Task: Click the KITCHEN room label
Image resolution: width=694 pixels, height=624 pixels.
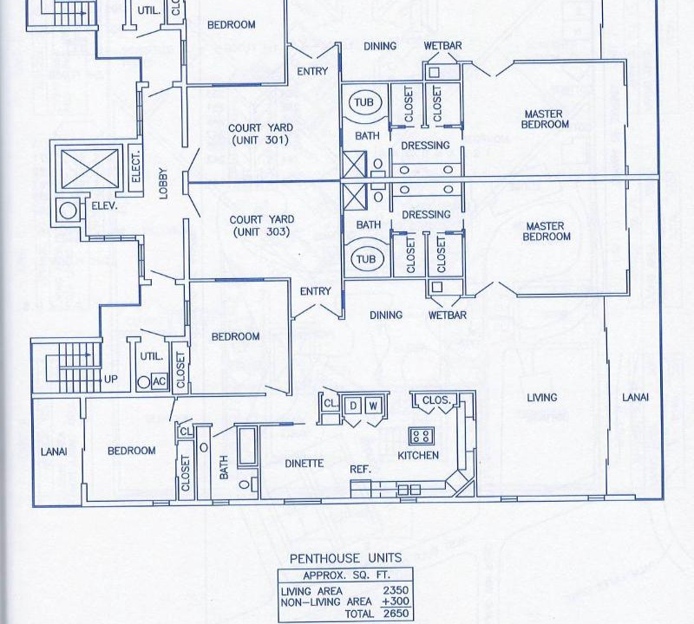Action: (x=418, y=456)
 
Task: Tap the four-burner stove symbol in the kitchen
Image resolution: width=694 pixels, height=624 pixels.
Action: (x=422, y=435)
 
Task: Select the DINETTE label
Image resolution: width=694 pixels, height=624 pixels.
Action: (x=304, y=464)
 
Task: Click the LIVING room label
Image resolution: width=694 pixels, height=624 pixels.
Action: (x=541, y=398)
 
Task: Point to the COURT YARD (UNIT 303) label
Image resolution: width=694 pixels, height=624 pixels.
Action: (x=262, y=225)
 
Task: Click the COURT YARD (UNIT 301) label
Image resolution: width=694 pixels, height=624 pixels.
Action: (x=260, y=134)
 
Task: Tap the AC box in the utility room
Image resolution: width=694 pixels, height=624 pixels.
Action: (x=160, y=381)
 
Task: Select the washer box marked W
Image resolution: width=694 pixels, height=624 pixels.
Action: (x=374, y=405)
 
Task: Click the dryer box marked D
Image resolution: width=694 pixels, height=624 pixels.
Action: (x=353, y=405)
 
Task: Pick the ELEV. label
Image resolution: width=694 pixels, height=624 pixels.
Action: (x=104, y=205)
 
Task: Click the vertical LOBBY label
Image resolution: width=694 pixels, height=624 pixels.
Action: (x=163, y=184)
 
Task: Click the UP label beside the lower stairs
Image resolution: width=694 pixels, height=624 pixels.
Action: (x=111, y=380)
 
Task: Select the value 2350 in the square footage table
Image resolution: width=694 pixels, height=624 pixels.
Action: (x=396, y=590)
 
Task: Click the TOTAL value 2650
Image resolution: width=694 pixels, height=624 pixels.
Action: (x=396, y=614)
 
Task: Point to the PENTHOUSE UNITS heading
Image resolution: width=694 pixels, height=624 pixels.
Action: (x=345, y=558)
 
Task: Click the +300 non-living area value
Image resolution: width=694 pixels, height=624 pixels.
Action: (x=396, y=601)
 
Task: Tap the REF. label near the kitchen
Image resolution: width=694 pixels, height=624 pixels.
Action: (x=360, y=469)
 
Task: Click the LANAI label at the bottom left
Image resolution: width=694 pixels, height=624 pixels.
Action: (x=54, y=452)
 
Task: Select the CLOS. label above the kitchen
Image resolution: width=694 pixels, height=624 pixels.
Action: (x=436, y=400)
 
